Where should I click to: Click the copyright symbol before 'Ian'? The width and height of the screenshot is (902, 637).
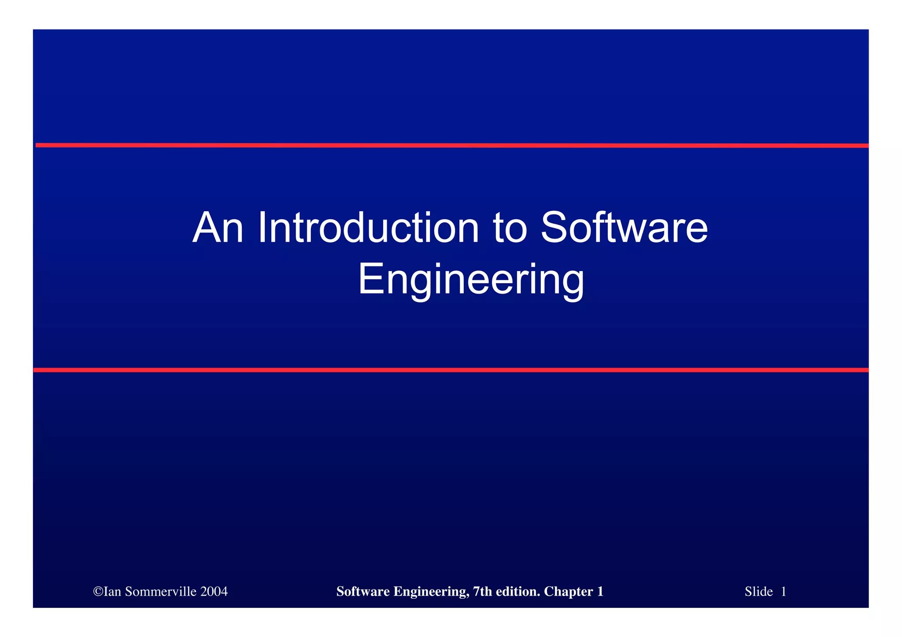[98, 592]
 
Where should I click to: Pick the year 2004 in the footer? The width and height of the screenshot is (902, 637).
[214, 592]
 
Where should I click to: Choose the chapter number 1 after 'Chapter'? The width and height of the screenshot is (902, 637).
[600, 592]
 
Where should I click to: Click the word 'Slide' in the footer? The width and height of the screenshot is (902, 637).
[758, 592]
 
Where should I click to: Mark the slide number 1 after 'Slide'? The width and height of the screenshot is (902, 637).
[784, 592]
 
